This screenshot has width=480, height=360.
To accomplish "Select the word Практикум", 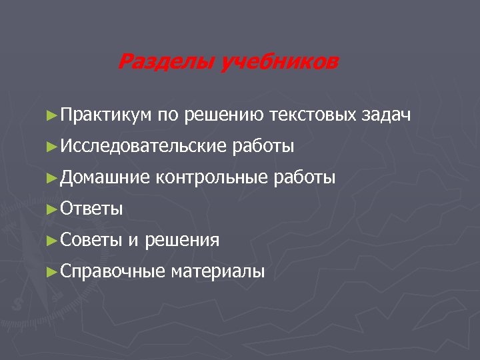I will coord(107,115).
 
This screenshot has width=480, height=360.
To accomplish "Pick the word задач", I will coord(387,115).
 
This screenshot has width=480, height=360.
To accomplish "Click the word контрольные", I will coord(211,177).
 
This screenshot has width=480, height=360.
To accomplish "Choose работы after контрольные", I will coord(305,178).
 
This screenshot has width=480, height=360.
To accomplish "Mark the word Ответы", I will coord(91,209).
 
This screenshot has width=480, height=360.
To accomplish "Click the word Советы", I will coord(91,240).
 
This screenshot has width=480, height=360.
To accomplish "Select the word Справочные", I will coord(113,271).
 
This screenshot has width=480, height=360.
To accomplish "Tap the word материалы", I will coord(217,271).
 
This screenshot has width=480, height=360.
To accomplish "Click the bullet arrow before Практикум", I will coord(53,115).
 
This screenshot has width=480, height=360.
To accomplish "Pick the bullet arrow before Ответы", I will coord(53,209).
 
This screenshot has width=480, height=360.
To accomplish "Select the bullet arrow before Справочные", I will coord(53,271).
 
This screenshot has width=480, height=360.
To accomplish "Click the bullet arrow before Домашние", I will coord(53,177).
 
